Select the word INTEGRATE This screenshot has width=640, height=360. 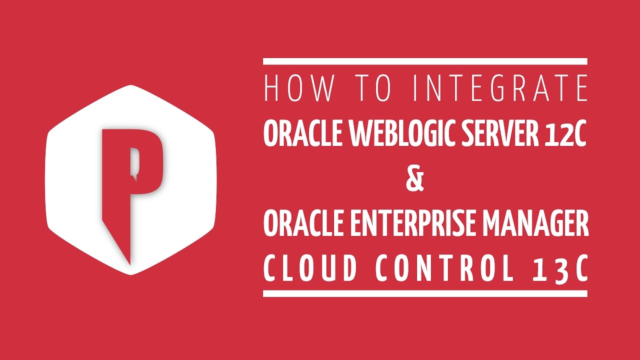500,89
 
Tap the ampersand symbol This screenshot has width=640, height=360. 415,180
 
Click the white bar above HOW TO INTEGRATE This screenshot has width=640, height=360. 425,61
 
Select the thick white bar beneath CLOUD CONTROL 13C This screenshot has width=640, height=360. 425,293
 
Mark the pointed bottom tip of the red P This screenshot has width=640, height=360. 129,262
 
